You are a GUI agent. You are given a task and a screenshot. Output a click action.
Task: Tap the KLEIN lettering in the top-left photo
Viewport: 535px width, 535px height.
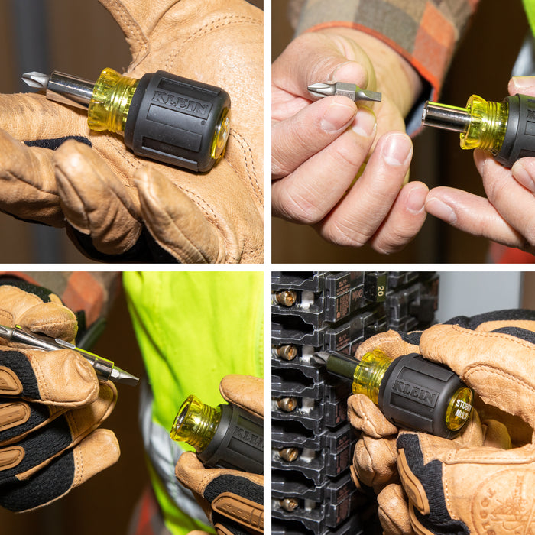(x=179, y=101)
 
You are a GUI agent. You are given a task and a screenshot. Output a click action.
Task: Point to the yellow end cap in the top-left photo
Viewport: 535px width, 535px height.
(x=221, y=133)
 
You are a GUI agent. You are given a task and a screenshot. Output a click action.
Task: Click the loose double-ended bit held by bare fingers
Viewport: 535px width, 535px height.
(x=344, y=92)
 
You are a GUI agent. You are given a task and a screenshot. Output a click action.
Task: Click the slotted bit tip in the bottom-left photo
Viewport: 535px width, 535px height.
(x=126, y=375)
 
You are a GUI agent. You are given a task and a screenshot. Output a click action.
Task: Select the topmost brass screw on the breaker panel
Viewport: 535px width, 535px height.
(x=287, y=298)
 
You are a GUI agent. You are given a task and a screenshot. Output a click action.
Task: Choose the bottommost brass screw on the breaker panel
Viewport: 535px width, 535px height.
(x=288, y=504)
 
